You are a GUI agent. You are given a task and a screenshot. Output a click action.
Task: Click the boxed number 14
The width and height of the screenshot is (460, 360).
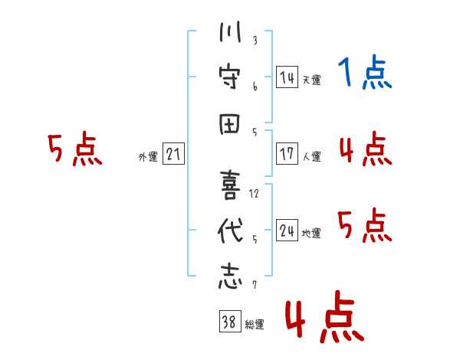(x=287, y=77)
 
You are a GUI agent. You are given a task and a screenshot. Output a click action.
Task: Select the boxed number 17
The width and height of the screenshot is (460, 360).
(x=287, y=153)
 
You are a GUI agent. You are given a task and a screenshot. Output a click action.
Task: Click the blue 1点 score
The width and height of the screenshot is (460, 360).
(x=365, y=74)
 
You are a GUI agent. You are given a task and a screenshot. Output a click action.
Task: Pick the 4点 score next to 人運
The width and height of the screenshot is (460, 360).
(x=365, y=149)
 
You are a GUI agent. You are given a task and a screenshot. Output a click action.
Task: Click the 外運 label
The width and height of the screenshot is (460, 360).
(x=147, y=157)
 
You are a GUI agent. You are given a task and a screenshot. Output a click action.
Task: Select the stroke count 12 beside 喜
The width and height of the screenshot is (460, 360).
(x=255, y=194)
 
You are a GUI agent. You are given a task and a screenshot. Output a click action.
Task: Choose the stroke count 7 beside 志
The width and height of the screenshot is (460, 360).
(x=255, y=286)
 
